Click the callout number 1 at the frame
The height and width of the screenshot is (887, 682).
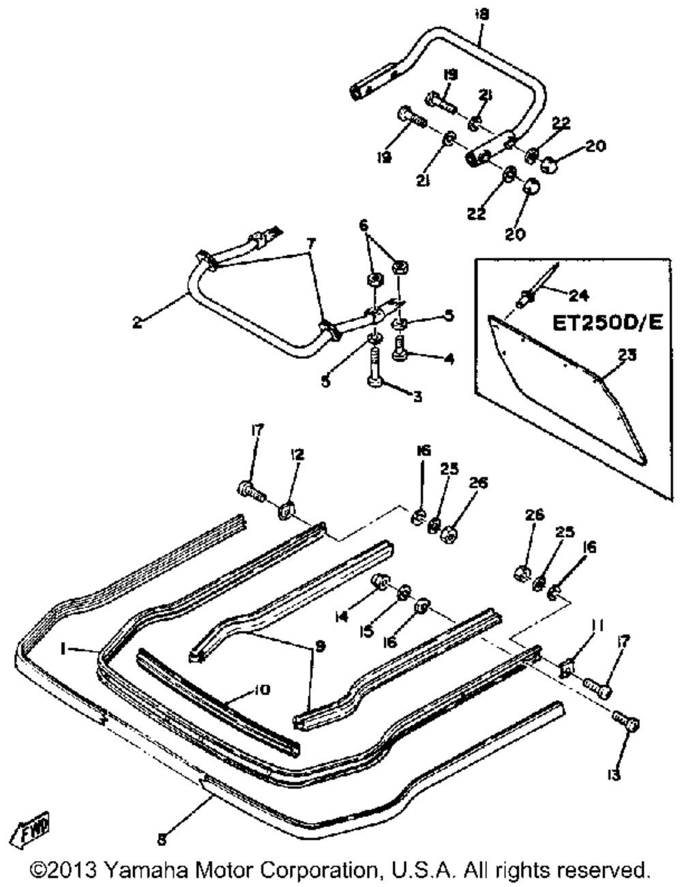click(63, 650)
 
